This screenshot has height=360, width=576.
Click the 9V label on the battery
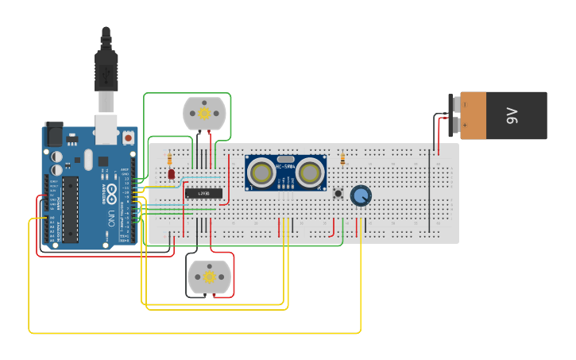pyautogui.click(x=512, y=115)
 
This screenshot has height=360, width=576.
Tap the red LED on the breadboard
pyautogui.click(x=171, y=174)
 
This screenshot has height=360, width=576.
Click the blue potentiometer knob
pyautogui.click(x=361, y=195)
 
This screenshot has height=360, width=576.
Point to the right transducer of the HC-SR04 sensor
pyautogui.click(x=310, y=171)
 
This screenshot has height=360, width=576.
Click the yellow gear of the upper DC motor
pyautogui.click(x=204, y=114)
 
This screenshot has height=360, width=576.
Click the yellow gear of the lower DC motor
pyautogui.click(x=209, y=277)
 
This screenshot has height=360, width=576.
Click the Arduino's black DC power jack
pyautogui.click(x=54, y=133)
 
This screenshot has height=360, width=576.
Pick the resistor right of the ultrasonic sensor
pyautogui.click(x=342, y=159)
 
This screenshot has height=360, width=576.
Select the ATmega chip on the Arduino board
pyautogui.click(x=70, y=208)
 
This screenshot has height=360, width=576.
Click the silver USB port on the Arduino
pyautogui.click(x=106, y=130)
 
